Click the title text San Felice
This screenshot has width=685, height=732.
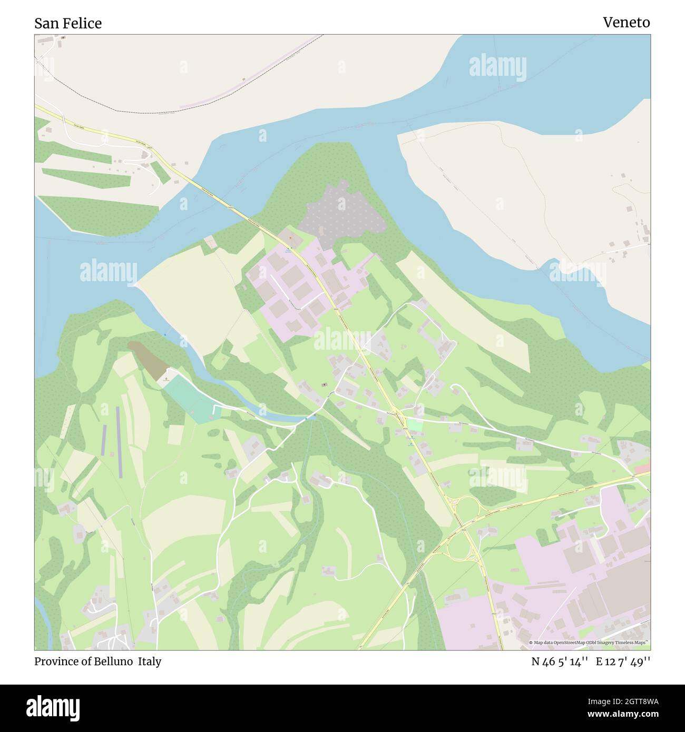(68, 23)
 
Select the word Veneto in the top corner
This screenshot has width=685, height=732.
(626, 22)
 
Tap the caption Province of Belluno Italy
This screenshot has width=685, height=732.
(97, 661)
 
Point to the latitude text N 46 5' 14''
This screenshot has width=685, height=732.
(560, 662)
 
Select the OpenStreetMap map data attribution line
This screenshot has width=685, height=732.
(588, 642)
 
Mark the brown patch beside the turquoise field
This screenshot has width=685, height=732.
(149, 359)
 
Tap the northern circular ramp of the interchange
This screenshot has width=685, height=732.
(467, 507)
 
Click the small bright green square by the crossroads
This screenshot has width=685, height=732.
(414, 424)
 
